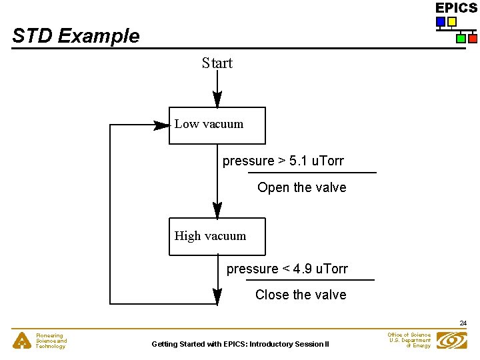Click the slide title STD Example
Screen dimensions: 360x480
[76, 36]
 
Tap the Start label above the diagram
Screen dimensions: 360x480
[217, 63]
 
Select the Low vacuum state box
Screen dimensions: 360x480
[217, 125]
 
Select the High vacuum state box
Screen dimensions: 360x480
[217, 236]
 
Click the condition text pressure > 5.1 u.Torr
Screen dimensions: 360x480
[283, 161]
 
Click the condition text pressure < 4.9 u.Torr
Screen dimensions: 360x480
[287, 269]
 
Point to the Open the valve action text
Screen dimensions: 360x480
[301, 187]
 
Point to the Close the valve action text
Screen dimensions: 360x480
[301, 295]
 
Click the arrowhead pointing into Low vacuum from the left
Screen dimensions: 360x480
[161, 125]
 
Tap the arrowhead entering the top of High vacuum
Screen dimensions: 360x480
[217, 211]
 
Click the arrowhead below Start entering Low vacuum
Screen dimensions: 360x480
[217, 99]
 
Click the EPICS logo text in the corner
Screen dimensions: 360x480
[456, 8]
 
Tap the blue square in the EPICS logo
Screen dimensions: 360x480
[440, 22]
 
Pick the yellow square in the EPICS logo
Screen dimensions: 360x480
[451, 22]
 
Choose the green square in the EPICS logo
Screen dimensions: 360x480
[461, 39]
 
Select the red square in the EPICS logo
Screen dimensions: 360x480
[472, 39]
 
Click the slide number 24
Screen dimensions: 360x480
[463, 323]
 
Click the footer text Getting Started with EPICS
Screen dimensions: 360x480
[240, 344]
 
